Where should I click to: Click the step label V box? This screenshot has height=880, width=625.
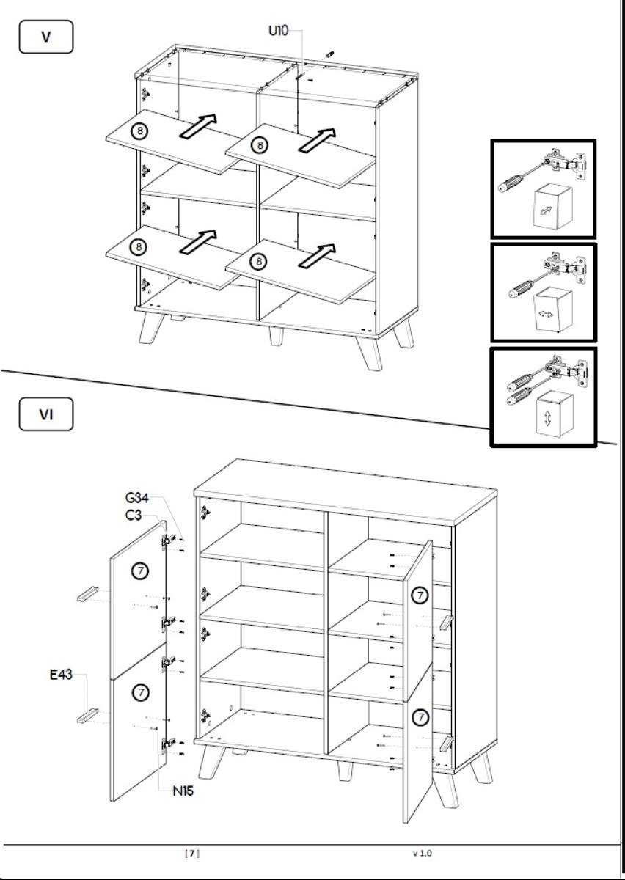(45, 37)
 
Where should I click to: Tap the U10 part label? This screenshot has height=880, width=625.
(279, 32)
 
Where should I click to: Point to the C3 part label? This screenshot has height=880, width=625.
(133, 516)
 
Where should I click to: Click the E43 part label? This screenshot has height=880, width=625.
(61, 675)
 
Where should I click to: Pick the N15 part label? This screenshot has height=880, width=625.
(183, 791)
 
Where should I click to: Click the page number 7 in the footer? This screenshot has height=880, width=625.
(191, 853)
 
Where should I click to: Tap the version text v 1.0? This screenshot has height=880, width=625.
(422, 853)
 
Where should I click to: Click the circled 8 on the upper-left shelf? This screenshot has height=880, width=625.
(139, 131)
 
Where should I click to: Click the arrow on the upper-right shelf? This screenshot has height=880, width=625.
(316, 139)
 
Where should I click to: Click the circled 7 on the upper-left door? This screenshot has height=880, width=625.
(139, 570)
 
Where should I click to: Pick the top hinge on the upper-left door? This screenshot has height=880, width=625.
(169, 540)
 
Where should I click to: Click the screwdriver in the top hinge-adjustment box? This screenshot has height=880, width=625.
(517, 177)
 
